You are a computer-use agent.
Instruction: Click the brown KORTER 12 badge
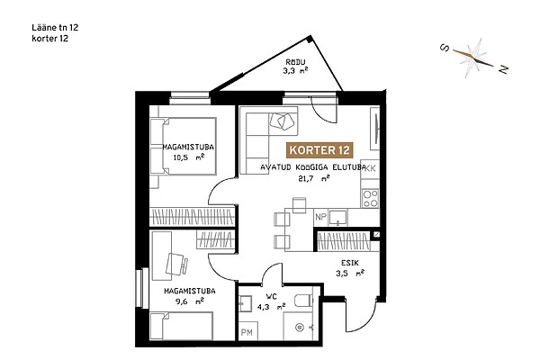pyautogui.click(x=319, y=150)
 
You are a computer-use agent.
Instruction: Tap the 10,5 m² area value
pyautogui.click(x=189, y=157)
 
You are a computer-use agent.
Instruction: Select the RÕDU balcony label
pyautogui.click(x=295, y=62)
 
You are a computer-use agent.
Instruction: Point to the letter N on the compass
pyautogui.click(x=503, y=70)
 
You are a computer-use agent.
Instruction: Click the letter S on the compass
pyautogui.click(x=445, y=48)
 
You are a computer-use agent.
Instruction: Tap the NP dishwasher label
pyautogui.click(x=320, y=218)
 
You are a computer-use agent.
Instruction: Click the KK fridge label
pyautogui.click(x=370, y=168)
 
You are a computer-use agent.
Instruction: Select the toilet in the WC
pyautogui.click(x=304, y=301)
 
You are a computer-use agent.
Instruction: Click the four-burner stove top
pyautogui.click(x=370, y=198)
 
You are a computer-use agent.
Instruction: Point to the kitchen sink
pyautogui.click(x=338, y=218)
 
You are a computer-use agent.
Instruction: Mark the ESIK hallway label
pyautogui.click(x=350, y=263)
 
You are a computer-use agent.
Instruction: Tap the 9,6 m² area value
pyautogui.click(x=190, y=301)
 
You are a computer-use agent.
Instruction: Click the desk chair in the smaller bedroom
pyautogui.click(x=176, y=264)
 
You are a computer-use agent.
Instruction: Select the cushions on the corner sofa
pyautogui.click(x=282, y=121)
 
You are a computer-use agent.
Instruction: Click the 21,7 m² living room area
pyautogui.click(x=314, y=178)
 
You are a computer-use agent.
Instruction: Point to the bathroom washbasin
pyautogui.click(x=246, y=303)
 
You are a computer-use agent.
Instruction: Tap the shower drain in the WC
pyautogui.click(x=300, y=328)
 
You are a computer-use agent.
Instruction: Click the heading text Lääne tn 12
pyautogui.click(x=55, y=28)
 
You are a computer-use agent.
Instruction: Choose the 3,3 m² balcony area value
pyautogui.click(x=295, y=71)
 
